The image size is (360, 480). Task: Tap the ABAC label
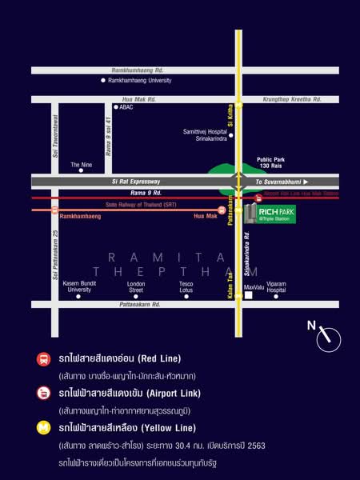coord(126,106)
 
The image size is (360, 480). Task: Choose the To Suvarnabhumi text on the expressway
coord(282,182)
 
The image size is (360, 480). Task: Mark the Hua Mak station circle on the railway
coord(222,210)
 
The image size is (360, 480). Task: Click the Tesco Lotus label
coord(186,286)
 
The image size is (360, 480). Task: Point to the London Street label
coord(136,286)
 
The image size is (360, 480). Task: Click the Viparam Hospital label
coord(276,286)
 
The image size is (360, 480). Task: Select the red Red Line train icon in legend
coord(42,358)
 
